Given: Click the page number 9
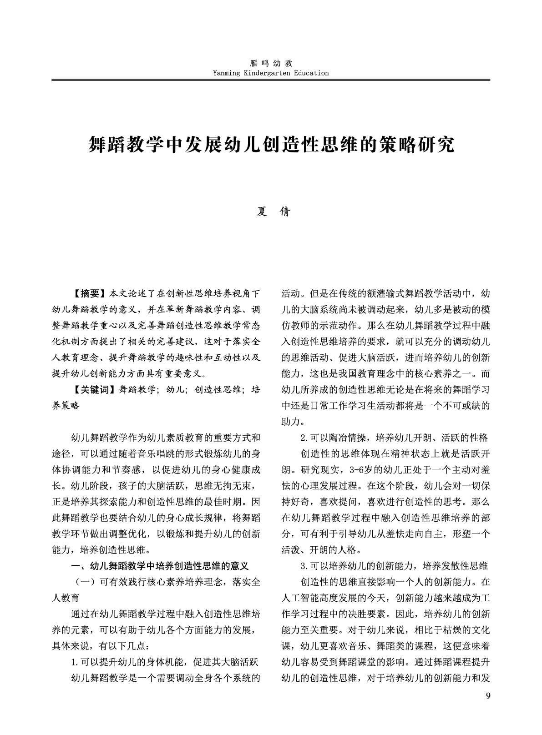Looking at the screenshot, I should point(488,696).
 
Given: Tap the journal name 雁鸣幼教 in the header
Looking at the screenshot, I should point(271,64).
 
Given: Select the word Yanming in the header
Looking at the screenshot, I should point(227,73).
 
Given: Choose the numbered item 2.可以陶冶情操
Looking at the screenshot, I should point(394,438).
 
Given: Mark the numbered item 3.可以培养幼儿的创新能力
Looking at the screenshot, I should point(394,566).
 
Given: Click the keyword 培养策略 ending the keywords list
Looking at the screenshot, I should point(66,406).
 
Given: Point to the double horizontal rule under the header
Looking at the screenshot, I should point(271,81).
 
